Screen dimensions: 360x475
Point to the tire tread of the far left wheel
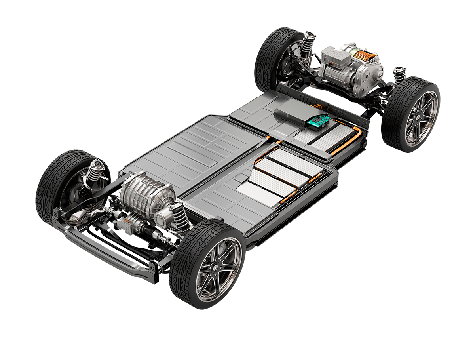(47, 190)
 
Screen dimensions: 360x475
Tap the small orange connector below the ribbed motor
(127, 219)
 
